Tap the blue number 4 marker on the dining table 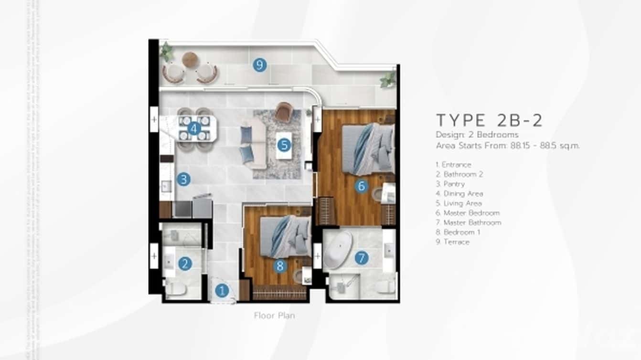193,128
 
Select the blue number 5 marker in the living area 284,144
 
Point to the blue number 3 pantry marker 183,180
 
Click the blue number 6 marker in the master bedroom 361,186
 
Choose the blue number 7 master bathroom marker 362,258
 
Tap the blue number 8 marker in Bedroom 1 280,266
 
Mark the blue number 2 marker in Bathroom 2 185,263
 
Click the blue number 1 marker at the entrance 221,290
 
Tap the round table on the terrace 190,59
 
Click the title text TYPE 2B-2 489,120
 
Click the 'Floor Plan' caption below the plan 274,316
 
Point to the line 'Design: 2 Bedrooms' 477,135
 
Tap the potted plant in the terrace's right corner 388,79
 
